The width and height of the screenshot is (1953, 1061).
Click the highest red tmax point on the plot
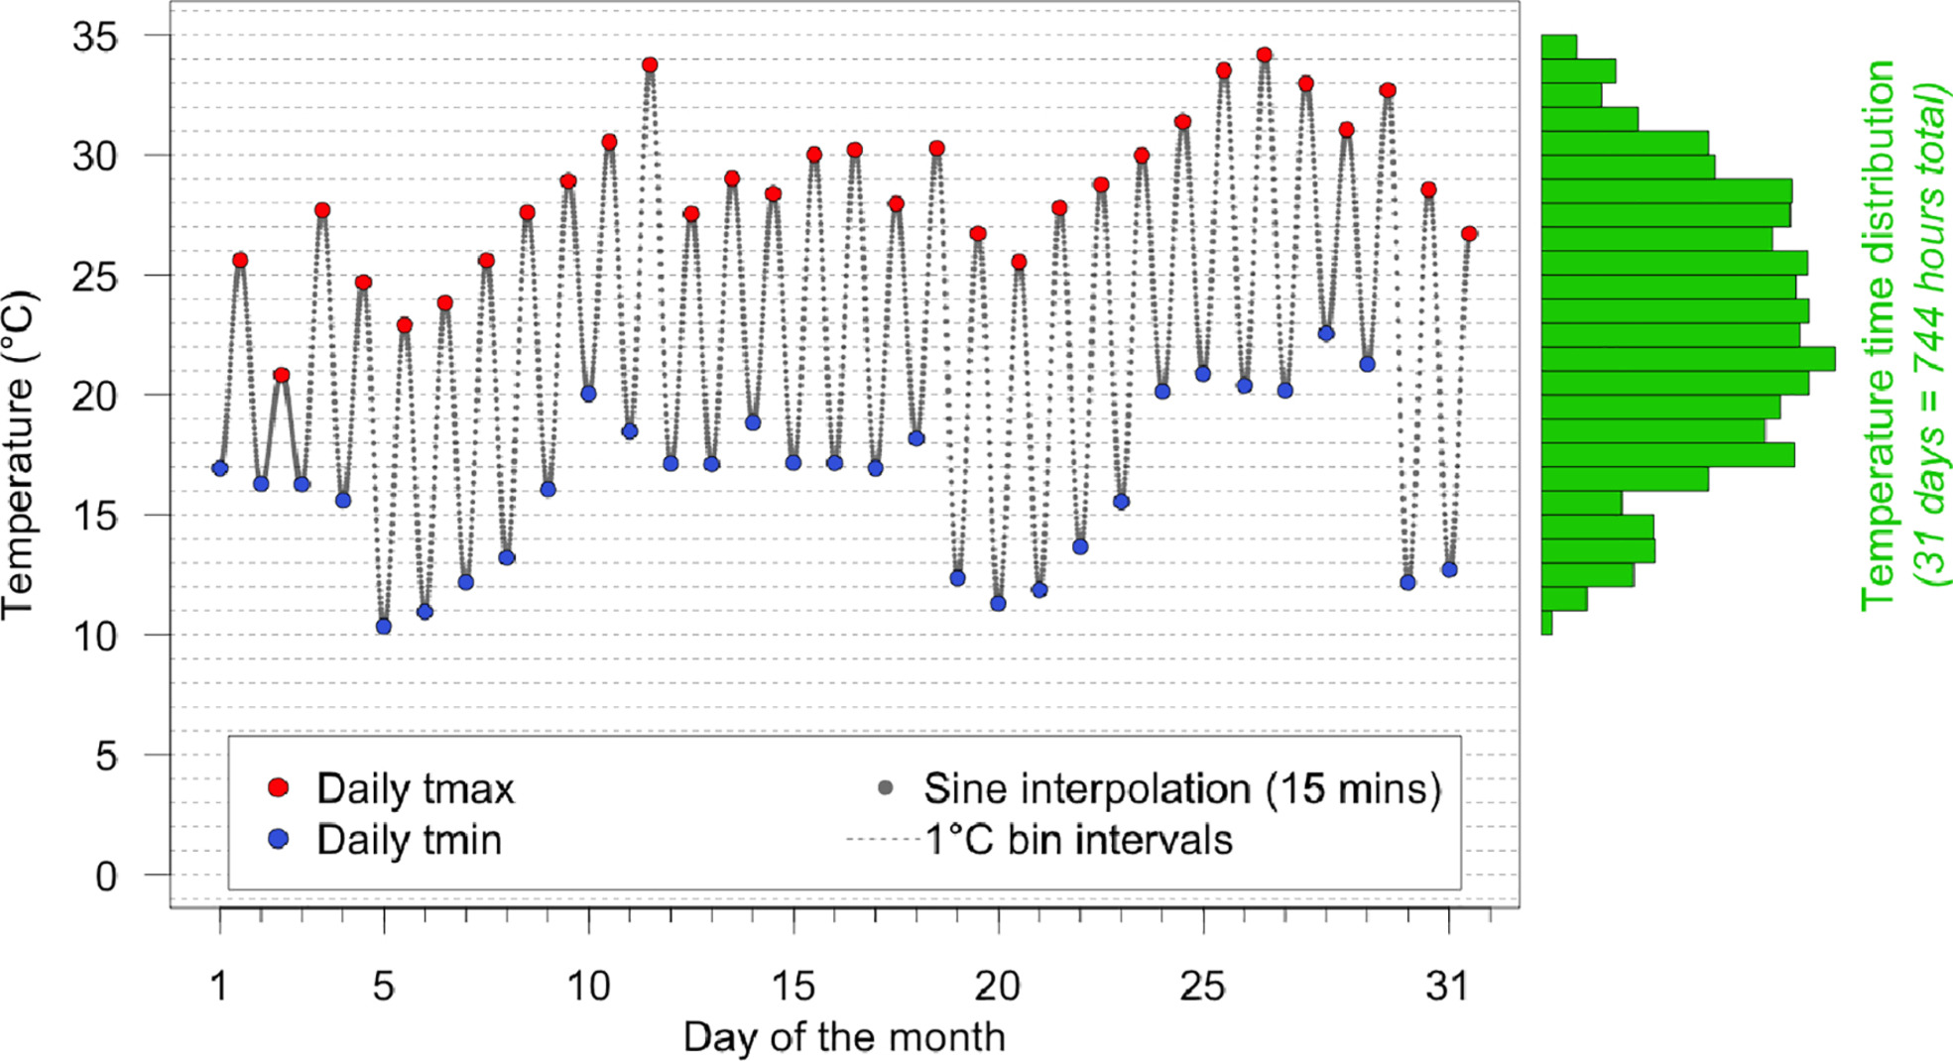(x=1264, y=56)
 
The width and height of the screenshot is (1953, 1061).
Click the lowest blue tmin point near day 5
(x=384, y=627)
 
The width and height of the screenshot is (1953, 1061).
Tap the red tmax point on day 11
(x=650, y=65)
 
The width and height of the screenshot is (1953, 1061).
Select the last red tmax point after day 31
(x=1469, y=234)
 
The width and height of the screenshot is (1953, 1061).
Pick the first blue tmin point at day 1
(x=220, y=469)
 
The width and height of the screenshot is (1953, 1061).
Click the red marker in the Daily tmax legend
(x=279, y=788)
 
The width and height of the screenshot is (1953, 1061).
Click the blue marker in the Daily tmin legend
(x=279, y=840)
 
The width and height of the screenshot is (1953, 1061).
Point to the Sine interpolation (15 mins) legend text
(x=1182, y=789)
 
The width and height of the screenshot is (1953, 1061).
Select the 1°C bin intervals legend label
(x=1078, y=841)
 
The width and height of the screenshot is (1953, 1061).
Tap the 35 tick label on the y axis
(x=95, y=38)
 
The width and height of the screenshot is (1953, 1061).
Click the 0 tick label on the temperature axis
(x=106, y=877)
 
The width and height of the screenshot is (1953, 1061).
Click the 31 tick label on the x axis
(x=1448, y=987)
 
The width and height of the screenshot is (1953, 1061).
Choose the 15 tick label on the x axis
(x=793, y=987)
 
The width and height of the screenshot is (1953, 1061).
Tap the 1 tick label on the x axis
(x=219, y=987)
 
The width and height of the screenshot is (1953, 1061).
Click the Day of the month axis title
(x=844, y=1037)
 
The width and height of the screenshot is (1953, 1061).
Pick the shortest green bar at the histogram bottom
(x=1547, y=623)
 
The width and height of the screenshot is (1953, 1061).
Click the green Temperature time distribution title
(x=1878, y=334)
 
